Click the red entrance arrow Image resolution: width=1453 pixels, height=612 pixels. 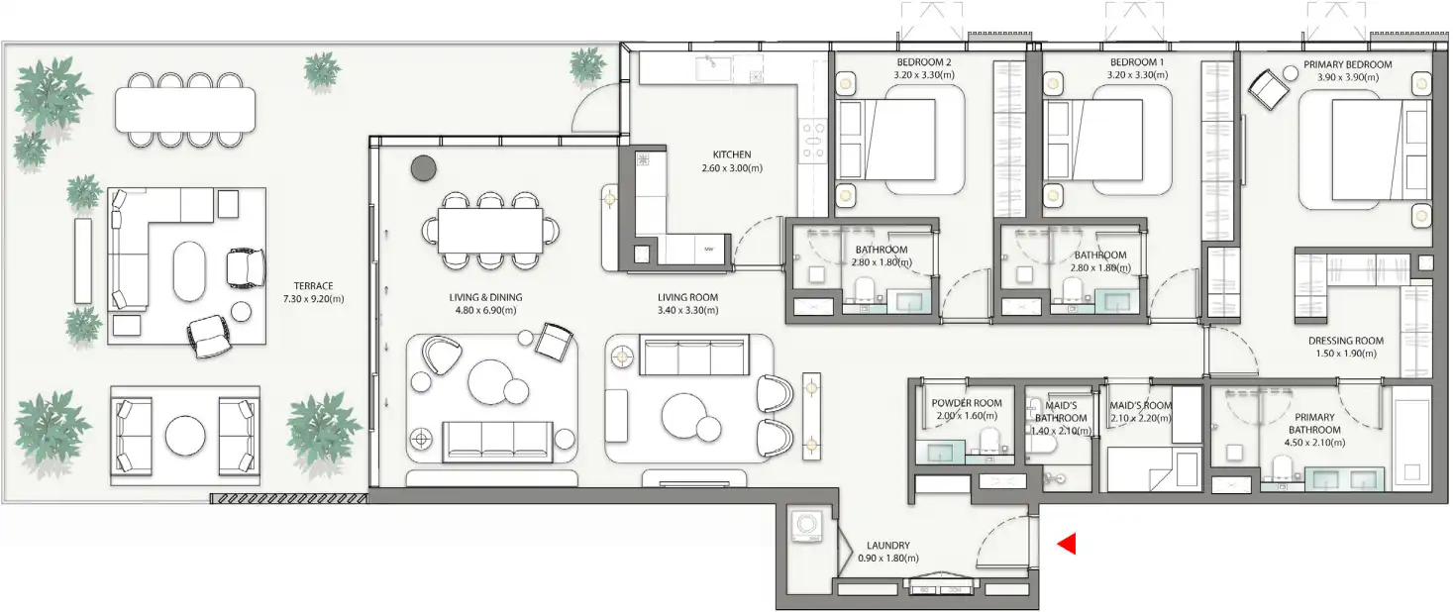pyautogui.click(x=1067, y=544)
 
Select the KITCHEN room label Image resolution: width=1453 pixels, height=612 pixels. pyautogui.click(x=732, y=154)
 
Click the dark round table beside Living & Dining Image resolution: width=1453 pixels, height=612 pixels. pyautogui.click(x=424, y=168)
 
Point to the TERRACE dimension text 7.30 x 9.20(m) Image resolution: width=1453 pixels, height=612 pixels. pyautogui.click(x=312, y=298)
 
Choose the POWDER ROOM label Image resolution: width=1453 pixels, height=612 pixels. pyautogui.click(x=967, y=403)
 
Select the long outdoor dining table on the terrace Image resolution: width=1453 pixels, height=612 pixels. pyautogui.click(x=185, y=109)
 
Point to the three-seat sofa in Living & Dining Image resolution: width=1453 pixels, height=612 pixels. pyautogui.click(x=497, y=441)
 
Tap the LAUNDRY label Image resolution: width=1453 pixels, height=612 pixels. pyautogui.click(x=887, y=545)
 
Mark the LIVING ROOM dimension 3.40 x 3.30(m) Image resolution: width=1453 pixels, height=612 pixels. pyautogui.click(x=687, y=310)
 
